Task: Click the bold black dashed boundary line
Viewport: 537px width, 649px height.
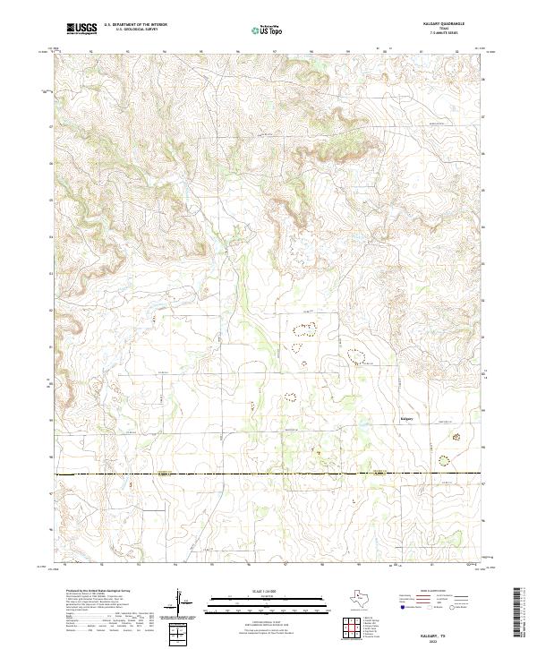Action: click(x=268, y=474)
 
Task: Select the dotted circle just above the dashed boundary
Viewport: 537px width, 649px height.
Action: click(x=444, y=461)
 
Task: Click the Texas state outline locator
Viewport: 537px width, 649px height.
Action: click(x=365, y=601)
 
